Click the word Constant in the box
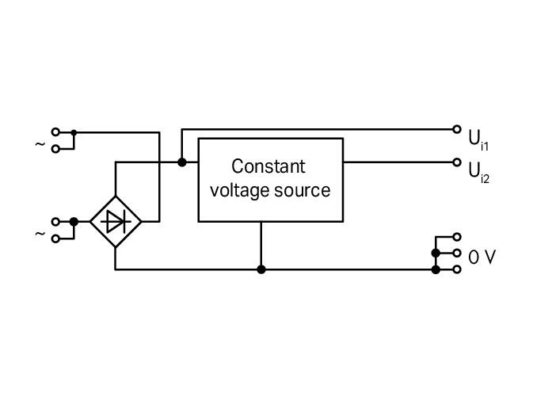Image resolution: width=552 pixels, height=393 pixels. [x=268, y=166]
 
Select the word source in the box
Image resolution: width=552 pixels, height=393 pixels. [x=303, y=191]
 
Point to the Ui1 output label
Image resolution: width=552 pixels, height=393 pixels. [x=479, y=140]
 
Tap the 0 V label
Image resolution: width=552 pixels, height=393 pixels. [x=482, y=257]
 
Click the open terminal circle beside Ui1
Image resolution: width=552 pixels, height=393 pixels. [x=457, y=129]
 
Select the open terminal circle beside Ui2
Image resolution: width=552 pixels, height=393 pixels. [x=457, y=162]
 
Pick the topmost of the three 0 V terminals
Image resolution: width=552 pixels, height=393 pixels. [x=457, y=237]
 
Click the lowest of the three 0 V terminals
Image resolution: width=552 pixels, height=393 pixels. [x=457, y=269]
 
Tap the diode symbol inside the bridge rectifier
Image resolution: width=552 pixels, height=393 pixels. [x=116, y=222]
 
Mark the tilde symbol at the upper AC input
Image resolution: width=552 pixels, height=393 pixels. [x=40, y=143]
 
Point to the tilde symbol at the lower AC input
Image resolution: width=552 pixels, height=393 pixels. [x=40, y=234]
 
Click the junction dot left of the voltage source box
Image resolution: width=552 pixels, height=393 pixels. [x=182, y=162]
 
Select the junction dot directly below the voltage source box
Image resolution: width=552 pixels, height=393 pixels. [x=261, y=269]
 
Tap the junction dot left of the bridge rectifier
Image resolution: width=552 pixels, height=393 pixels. [x=74, y=222]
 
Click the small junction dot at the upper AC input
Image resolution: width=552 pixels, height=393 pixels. [x=74, y=132]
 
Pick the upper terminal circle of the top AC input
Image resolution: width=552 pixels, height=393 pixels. [x=55, y=132]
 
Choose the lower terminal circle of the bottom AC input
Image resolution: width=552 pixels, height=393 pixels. [x=55, y=238]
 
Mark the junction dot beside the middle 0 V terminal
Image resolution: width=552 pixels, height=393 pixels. [x=436, y=253]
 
